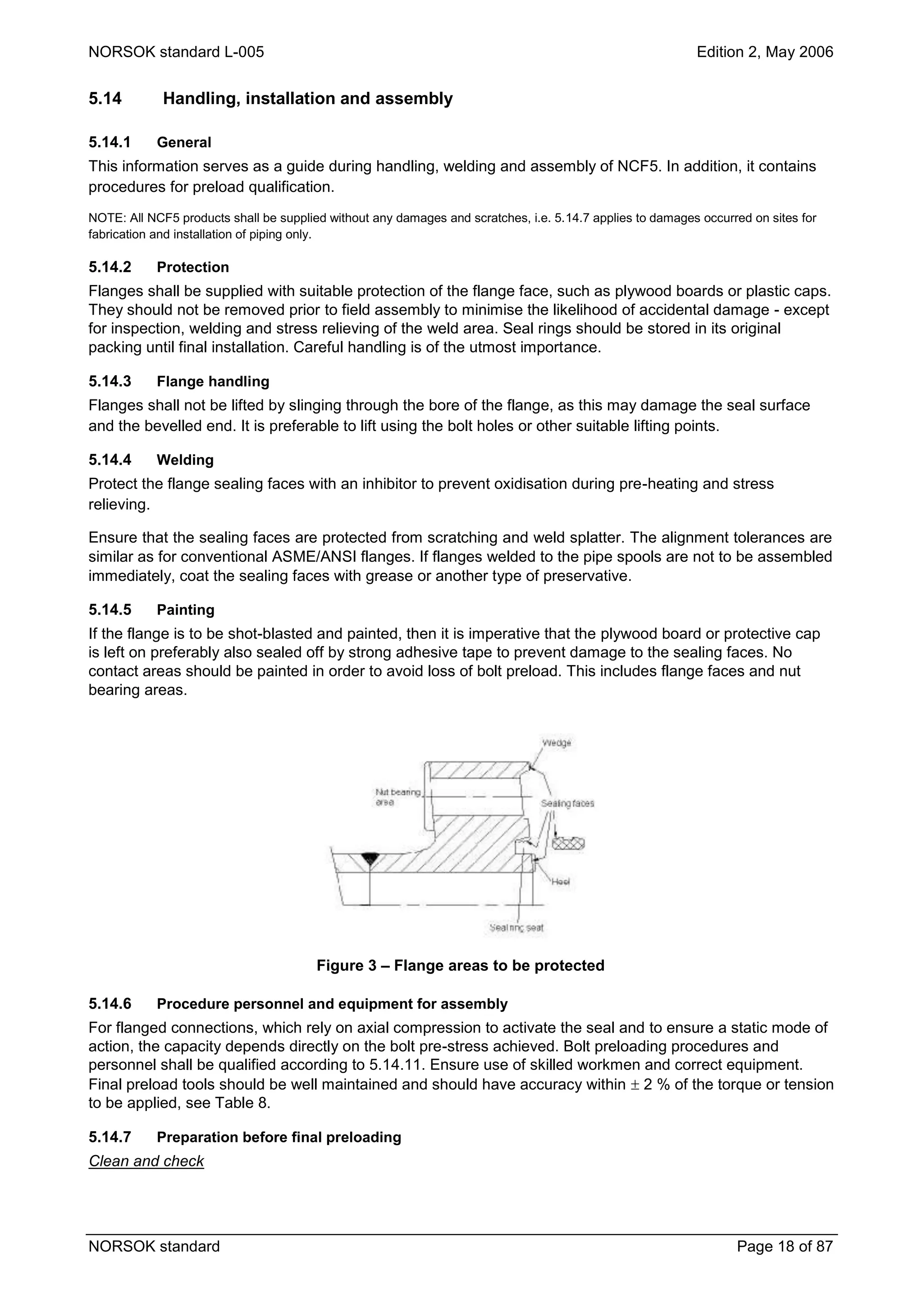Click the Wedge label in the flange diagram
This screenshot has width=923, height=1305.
(556, 743)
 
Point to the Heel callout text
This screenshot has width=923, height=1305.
(560, 882)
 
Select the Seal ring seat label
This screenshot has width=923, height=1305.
(516, 928)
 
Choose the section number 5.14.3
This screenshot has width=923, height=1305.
(110, 381)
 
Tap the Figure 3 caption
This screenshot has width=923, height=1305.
(460, 965)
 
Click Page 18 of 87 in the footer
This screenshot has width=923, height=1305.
(784, 1246)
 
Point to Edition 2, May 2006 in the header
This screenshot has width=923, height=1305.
(764, 52)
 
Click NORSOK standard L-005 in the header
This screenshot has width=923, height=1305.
(176, 52)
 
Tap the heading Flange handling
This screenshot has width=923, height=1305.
(213, 381)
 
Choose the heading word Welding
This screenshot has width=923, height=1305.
(185, 460)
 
